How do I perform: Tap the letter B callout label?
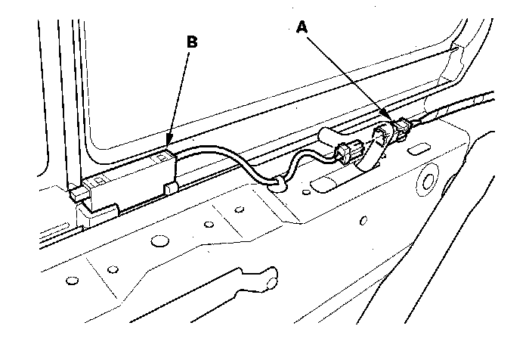click(192, 42)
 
